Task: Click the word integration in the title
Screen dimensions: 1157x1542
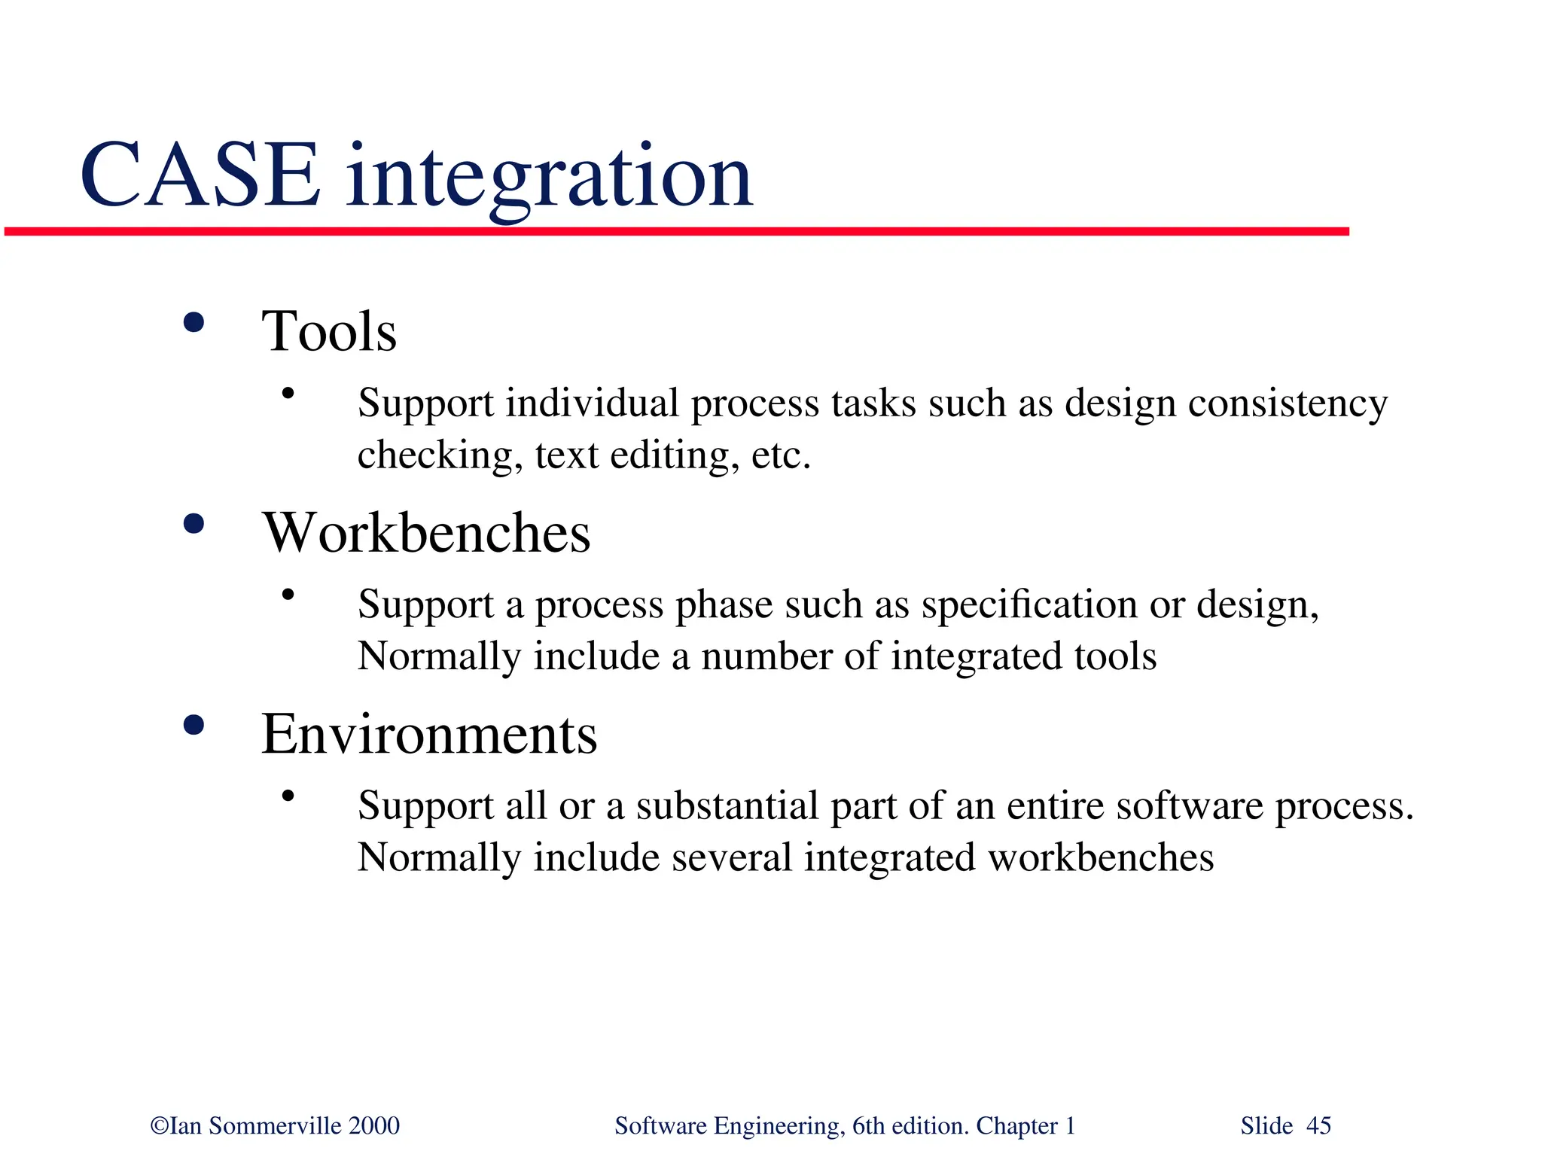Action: pyautogui.click(x=549, y=178)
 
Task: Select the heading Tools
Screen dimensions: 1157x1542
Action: pyautogui.click(x=329, y=331)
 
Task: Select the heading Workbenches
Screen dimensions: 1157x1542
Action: pyautogui.click(x=426, y=533)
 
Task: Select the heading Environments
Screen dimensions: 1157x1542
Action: pyautogui.click(x=429, y=734)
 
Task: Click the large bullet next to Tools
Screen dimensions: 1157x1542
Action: pyautogui.click(x=194, y=323)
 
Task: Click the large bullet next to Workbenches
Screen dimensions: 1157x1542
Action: pyautogui.click(x=194, y=524)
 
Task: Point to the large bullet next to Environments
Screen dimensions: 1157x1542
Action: pyautogui.click(x=194, y=725)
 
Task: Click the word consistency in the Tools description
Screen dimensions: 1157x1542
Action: pyautogui.click(x=1288, y=403)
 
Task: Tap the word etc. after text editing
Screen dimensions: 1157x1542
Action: pyautogui.click(x=781, y=455)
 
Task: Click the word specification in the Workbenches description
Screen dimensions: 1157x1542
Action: pyautogui.click(x=1029, y=604)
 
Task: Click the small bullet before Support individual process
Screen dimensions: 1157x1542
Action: pyautogui.click(x=288, y=393)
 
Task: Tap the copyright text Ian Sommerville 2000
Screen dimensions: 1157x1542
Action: pyautogui.click(x=276, y=1125)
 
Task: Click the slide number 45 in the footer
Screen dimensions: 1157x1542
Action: pyautogui.click(x=1318, y=1125)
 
